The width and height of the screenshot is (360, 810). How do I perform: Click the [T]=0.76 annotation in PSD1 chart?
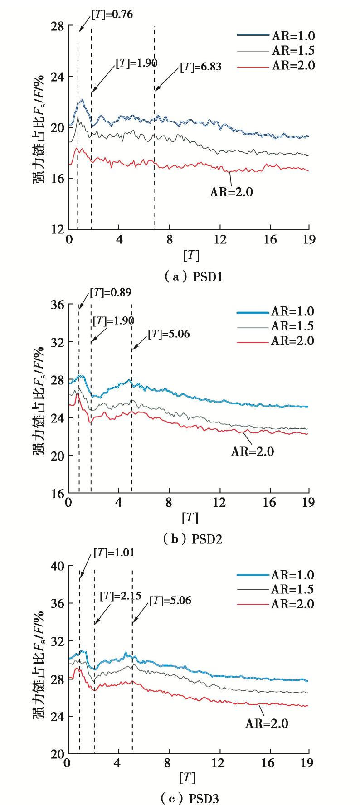coord(112,15)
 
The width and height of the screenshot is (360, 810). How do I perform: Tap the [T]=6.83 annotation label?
coord(201,67)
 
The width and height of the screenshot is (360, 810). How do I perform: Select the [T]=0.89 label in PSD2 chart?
coord(111,293)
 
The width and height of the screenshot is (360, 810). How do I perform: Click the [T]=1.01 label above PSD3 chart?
coord(114,553)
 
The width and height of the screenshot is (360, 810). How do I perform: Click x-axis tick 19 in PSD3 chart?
coord(307,763)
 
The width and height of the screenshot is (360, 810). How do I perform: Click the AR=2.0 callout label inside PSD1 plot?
coord(231,192)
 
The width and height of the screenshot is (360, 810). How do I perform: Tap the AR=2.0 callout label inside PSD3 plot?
coord(267,723)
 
